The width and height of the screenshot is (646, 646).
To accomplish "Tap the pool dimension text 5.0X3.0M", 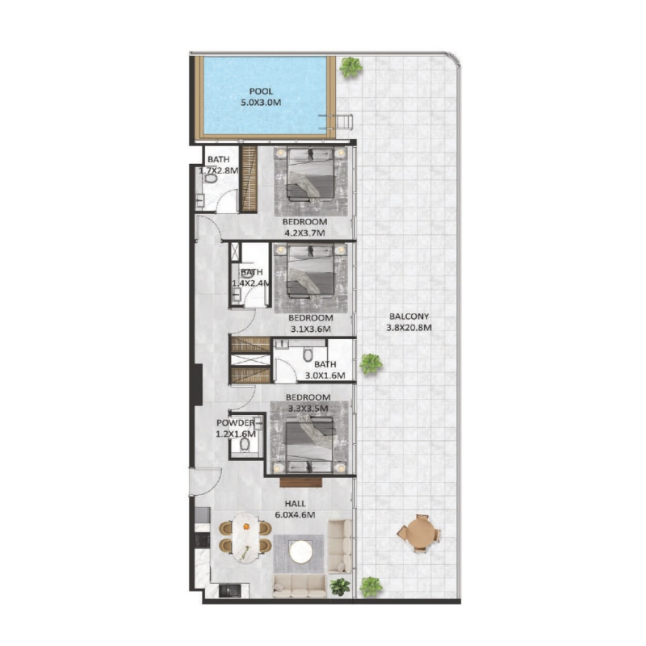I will pyautogui.click(x=262, y=103).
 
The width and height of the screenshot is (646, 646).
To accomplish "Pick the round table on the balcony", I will pyautogui.click(x=417, y=533).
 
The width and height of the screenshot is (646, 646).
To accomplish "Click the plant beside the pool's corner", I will pyautogui.click(x=350, y=68).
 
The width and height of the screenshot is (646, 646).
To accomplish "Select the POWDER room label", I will pyautogui.click(x=235, y=423).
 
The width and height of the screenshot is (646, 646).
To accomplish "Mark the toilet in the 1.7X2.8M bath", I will pyautogui.click(x=209, y=182).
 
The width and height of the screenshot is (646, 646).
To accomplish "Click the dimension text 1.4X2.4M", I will pyautogui.click(x=250, y=283).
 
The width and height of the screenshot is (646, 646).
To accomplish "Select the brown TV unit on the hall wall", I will pyautogui.click(x=300, y=482).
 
